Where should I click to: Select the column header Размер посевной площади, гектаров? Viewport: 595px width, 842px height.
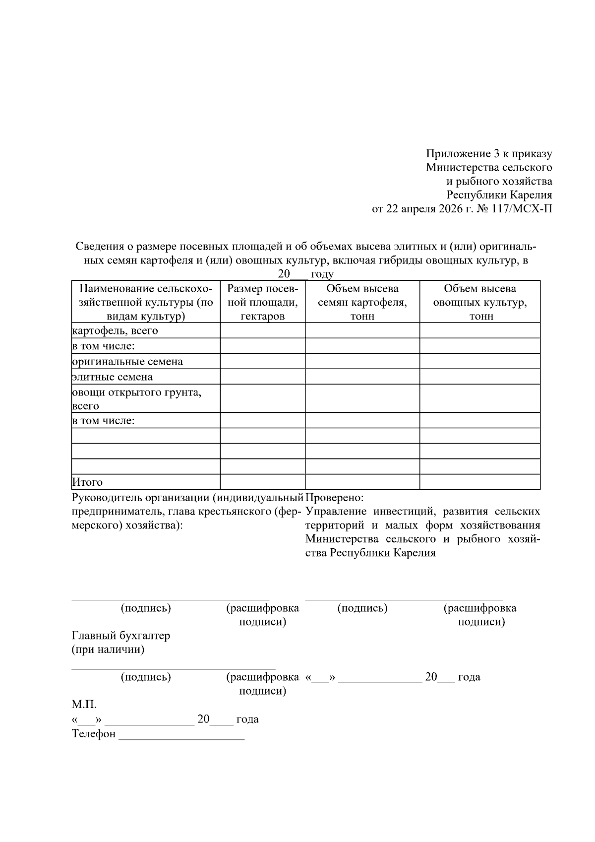tap(262, 302)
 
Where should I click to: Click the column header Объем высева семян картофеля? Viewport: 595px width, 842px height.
tap(362, 302)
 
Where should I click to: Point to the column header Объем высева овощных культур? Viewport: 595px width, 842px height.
tap(479, 302)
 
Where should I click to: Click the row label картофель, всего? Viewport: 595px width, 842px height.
tap(115, 331)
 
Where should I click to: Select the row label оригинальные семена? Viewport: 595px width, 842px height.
tap(127, 362)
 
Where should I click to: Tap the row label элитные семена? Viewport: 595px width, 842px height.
tap(113, 377)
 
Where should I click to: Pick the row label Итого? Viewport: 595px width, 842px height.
tap(88, 482)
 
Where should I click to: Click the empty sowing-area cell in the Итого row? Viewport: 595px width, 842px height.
tap(262, 482)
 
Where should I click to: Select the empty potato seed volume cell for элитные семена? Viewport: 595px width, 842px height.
tap(362, 377)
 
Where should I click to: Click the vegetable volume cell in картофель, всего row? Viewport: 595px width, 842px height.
tap(479, 331)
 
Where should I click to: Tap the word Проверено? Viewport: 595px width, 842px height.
tap(335, 497)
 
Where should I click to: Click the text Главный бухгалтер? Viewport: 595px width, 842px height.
tap(121, 636)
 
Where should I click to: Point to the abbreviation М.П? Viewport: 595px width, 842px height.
tap(84, 705)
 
